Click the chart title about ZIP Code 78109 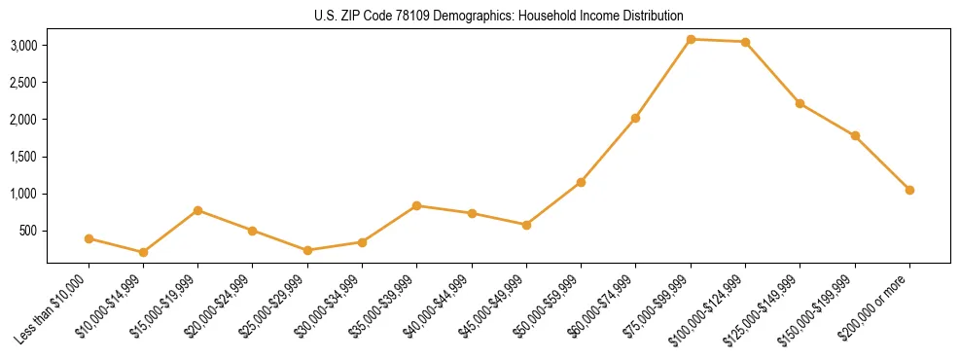[499, 16]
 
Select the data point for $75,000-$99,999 [691, 39]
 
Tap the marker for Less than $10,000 [89, 238]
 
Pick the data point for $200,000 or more [909, 190]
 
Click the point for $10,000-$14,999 [143, 252]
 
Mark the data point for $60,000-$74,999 [635, 118]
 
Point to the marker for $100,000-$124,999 [745, 42]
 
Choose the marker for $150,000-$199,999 [855, 135]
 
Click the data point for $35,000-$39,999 [416, 205]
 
